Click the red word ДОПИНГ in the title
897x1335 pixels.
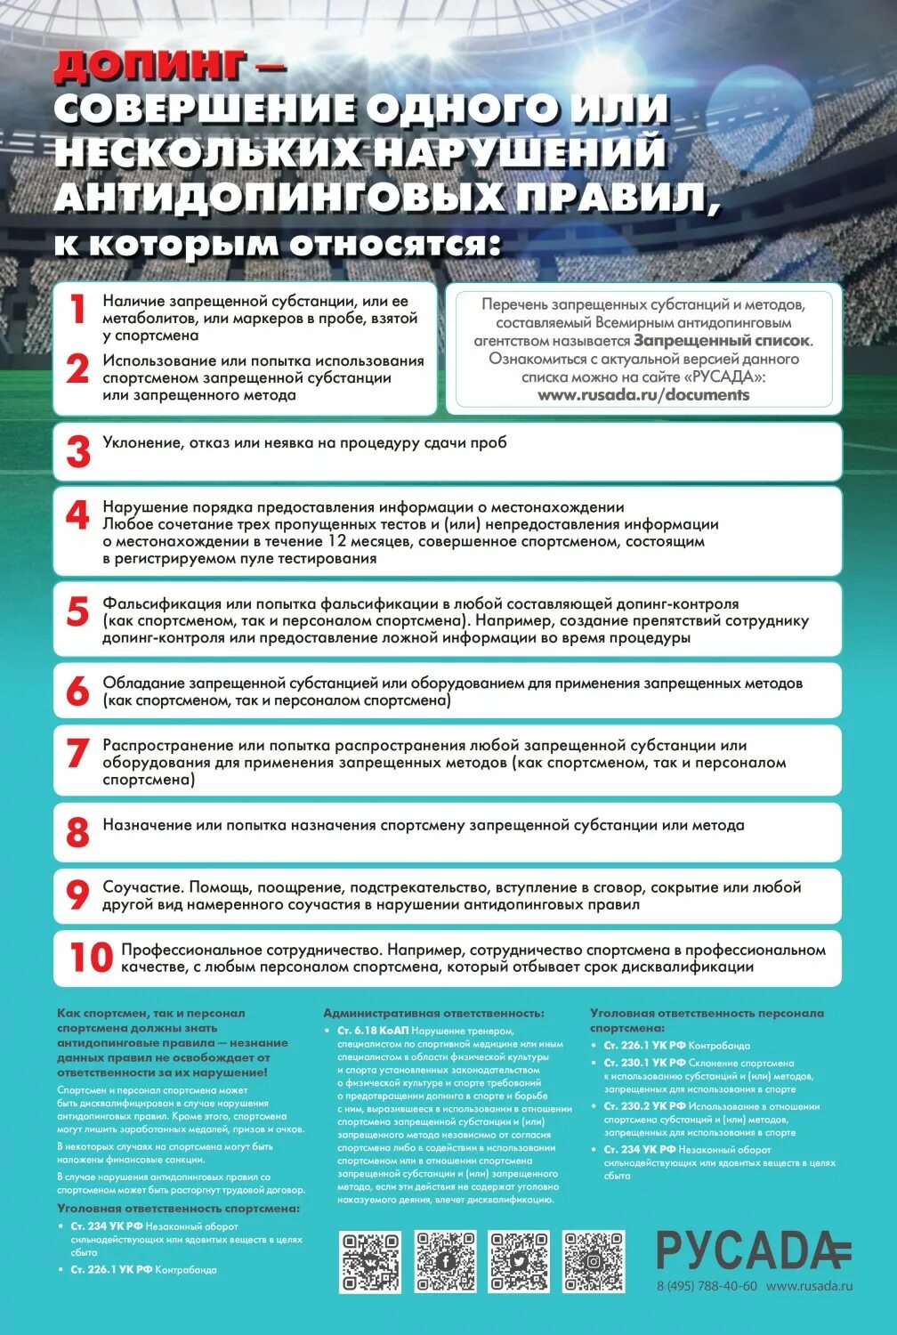[x=149, y=65]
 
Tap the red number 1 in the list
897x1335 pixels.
[x=78, y=310]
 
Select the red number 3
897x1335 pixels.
[x=78, y=451]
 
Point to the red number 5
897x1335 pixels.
[x=78, y=611]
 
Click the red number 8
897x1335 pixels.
[x=78, y=832]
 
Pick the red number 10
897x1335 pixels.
[x=91, y=958]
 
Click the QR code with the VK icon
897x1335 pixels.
[x=370, y=1261]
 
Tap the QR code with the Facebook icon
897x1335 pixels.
[x=445, y=1261]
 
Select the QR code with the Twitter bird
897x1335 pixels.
[x=519, y=1261]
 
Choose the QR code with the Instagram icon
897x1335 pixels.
[x=594, y=1261]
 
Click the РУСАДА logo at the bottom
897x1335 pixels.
[x=753, y=1250]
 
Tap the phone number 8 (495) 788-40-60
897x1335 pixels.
[x=707, y=1286]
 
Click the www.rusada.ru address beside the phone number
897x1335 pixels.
[x=809, y=1286]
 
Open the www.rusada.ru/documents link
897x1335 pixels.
[x=643, y=394]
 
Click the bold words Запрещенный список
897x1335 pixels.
[x=722, y=340]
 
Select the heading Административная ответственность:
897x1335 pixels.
[x=433, y=1013]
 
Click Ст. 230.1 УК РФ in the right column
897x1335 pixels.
[x=645, y=1063]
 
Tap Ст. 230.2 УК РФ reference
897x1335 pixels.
[x=645, y=1106]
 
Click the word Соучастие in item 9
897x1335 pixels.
[x=142, y=887]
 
